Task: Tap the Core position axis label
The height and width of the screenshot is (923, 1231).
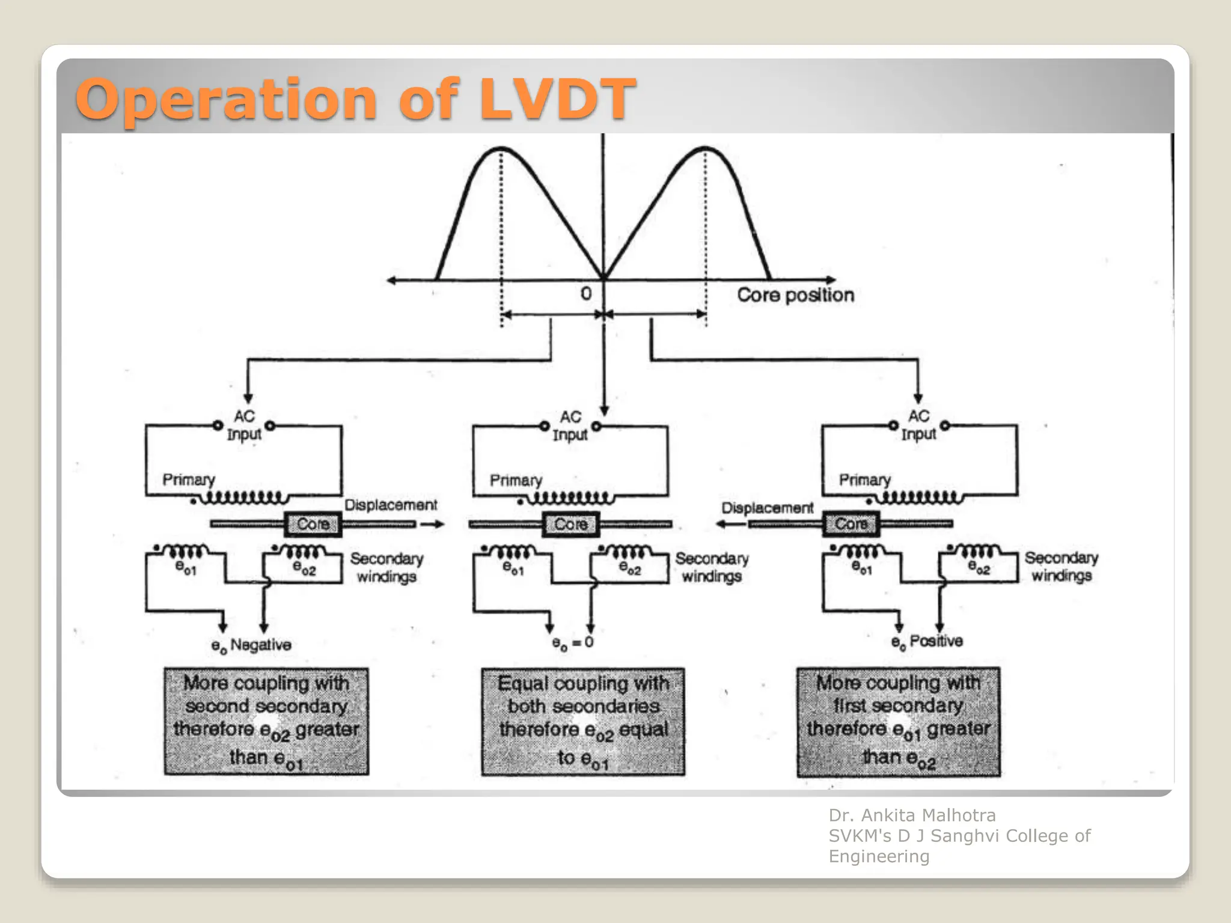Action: (x=795, y=295)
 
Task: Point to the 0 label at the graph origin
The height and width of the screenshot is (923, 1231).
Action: (x=586, y=294)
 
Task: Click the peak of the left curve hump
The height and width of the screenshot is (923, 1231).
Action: (x=501, y=148)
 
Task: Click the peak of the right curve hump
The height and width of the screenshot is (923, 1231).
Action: (x=705, y=148)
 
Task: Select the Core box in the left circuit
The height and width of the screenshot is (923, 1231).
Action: (x=313, y=524)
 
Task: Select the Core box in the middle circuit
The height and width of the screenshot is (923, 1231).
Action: (x=570, y=524)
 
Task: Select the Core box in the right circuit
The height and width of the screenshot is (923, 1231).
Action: (x=851, y=524)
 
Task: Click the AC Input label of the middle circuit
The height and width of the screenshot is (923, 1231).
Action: (x=570, y=425)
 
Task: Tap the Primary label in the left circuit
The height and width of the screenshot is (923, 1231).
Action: (x=188, y=480)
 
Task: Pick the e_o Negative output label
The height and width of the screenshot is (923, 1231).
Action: (x=251, y=645)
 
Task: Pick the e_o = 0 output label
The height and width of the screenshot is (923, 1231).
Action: (x=572, y=643)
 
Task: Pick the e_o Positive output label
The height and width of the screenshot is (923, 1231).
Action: (x=926, y=642)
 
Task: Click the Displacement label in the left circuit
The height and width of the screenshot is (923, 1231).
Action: (x=391, y=505)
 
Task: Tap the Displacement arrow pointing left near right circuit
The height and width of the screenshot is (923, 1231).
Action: (x=730, y=524)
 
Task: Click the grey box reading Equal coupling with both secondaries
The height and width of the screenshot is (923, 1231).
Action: (x=582, y=722)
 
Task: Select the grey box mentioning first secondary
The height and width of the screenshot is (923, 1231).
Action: (x=898, y=722)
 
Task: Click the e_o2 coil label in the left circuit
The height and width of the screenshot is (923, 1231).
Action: (x=304, y=568)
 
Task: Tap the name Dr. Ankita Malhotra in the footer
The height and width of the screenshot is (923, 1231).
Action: (x=912, y=815)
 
